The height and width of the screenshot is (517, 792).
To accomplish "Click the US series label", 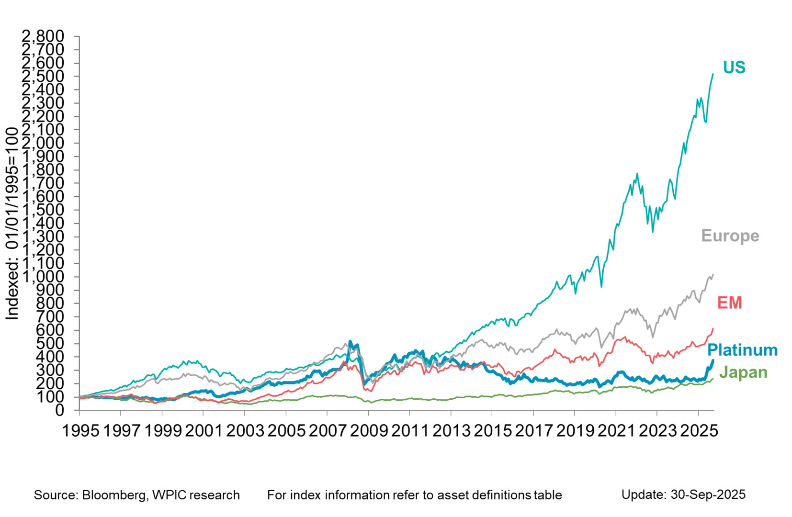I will tap(734, 67).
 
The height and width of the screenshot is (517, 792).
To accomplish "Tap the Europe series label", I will tap(730, 236).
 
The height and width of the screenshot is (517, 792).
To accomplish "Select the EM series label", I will tap(729, 303).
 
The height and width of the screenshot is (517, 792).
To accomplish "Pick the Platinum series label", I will tap(742, 350).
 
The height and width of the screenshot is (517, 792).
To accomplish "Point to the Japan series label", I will tap(743, 372).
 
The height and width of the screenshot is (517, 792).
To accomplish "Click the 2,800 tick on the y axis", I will tap(44, 36).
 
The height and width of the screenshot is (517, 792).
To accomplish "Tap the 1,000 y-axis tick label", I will tap(44, 277).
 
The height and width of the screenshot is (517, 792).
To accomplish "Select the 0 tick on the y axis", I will tap(59, 410).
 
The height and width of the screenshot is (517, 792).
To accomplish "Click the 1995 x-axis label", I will tap(81, 431).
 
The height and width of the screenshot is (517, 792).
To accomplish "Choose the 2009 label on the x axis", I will tap(369, 431).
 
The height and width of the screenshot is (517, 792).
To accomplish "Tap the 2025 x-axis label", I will tap(698, 431).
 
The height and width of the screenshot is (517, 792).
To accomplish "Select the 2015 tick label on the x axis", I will tap(493, 431).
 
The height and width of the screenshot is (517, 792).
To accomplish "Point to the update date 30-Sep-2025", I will tap(708, 495).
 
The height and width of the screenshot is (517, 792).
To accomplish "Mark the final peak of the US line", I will tap(713, 74).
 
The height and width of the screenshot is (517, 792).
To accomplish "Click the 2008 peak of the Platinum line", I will tap(351, 341).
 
